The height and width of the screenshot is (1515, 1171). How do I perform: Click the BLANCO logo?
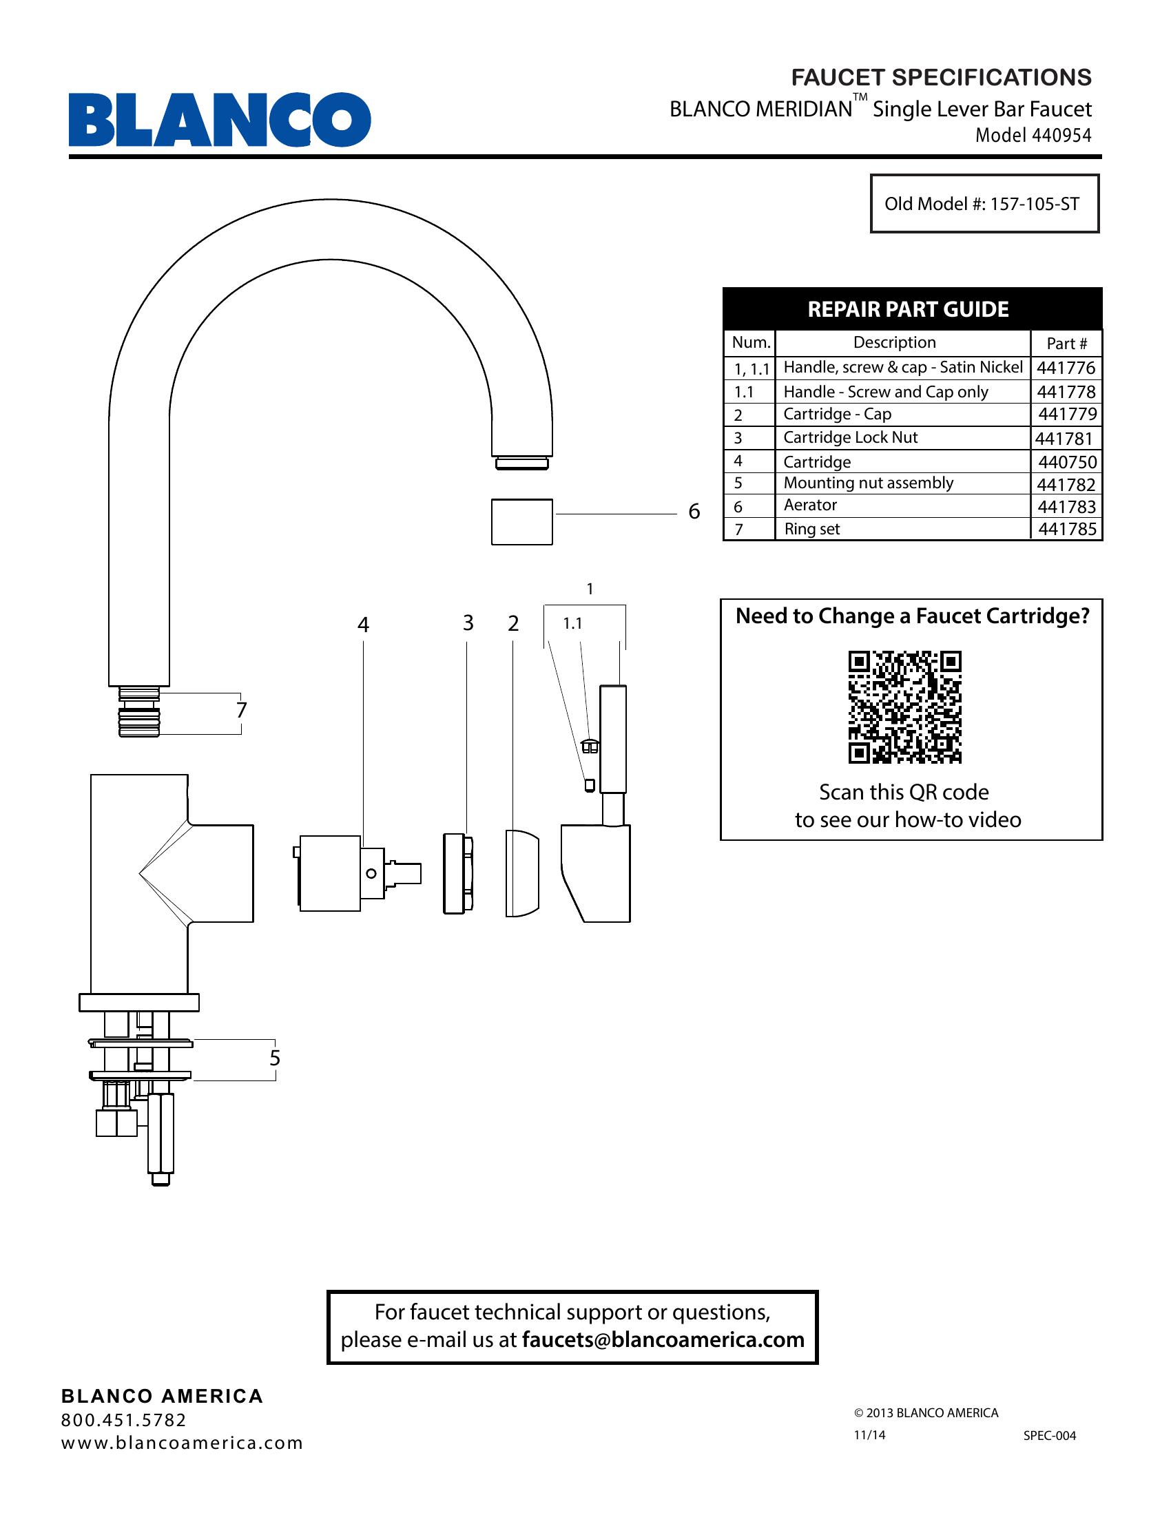(x=219, y=119)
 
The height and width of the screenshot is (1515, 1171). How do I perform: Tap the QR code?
(x=904, y=707)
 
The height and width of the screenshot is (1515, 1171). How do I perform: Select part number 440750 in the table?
(x=1067, y=462)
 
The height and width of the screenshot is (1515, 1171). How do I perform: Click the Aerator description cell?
(x=810, y=505)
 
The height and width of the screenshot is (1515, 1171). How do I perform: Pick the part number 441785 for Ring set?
(x=1067, y=530)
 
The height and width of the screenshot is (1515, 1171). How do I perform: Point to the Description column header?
(x=894, y=342)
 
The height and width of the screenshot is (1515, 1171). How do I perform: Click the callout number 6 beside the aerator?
(x=694, y=512)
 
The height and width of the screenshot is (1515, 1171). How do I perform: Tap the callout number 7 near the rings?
(x=240, y=711)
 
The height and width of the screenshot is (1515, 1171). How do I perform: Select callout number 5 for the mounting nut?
(x=275, y=1058)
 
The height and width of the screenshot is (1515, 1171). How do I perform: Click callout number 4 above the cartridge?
(x=363, y=625)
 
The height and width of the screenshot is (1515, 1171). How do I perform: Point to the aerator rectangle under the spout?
(x=521, y=522)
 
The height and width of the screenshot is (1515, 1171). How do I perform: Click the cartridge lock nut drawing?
(x=458, y=873)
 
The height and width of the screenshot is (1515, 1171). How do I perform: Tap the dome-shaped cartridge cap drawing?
(x=521, y=873)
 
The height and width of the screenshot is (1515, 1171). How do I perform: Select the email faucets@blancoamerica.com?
(x=663, y=1339)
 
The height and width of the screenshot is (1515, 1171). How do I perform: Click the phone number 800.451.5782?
(x=123, y=1420)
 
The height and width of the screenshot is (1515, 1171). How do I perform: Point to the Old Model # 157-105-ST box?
(x=984, y=204)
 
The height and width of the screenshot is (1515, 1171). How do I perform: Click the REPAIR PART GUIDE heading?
(x=908, y=309)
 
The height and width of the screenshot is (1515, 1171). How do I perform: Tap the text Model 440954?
(x=1033, y=135)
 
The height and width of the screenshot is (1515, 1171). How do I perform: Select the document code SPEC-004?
(x=1049, y=1436)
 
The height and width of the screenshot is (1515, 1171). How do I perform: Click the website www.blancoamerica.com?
(x=182, y=1443)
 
